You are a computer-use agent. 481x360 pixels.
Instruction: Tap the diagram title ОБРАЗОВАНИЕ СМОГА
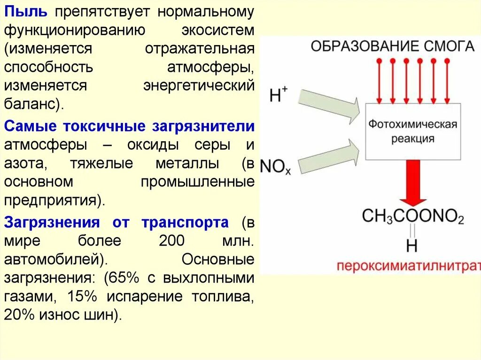393,46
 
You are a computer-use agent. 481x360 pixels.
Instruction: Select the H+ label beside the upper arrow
278,96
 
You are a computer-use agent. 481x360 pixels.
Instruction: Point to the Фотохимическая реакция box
412,132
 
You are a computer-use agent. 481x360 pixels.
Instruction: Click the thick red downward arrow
413,183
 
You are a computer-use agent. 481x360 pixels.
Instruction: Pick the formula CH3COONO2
413,216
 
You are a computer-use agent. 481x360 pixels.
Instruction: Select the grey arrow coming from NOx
329,155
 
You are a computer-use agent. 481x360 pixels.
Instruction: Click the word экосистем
218,31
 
